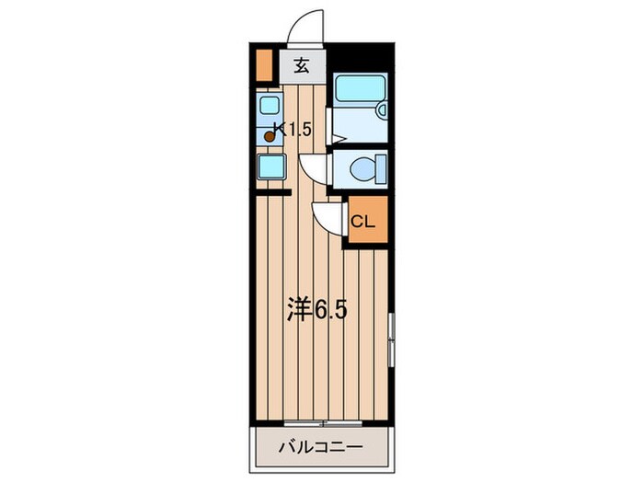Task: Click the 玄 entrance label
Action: [301, 65]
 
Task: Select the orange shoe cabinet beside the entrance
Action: [265, 65]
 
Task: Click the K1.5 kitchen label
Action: [296, 131]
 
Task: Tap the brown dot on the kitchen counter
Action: [270, 137]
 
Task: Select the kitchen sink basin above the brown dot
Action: [270, 105]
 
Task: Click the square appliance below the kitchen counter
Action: [270, 168]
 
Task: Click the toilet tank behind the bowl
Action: [379, 170]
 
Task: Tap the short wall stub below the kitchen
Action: [273, 192]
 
